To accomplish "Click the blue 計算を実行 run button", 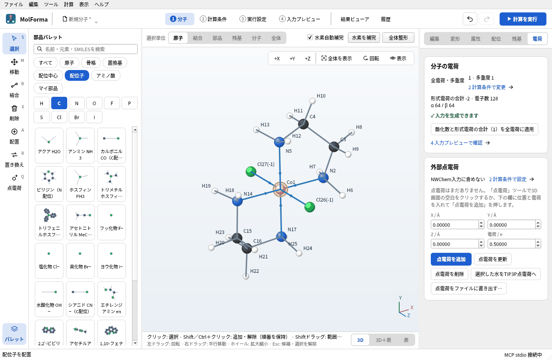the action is coord(523,19).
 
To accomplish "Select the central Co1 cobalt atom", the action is coord(280,189).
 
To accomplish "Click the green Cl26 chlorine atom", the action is coord(310,207).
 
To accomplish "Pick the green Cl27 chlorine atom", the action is coord(251,172).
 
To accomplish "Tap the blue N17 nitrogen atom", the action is coord(281,236).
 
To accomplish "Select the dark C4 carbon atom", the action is coord(303,124).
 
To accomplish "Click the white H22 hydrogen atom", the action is coord(246,276).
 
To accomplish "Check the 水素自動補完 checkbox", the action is coord(310,38).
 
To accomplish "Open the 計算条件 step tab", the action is coord(214,19).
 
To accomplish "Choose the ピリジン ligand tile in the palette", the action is coord(49,184).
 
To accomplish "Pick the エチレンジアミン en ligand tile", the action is coord(112,299).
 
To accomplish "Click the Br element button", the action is coord(77,117).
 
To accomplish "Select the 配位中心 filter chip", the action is coord(48,76).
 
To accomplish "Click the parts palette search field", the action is coord(86,49).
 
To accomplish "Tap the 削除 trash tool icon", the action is coord(14,108).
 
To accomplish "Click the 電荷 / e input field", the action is coord(511,244).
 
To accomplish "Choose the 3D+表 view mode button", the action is coord(383,340).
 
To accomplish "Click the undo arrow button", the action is coord(470,19).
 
